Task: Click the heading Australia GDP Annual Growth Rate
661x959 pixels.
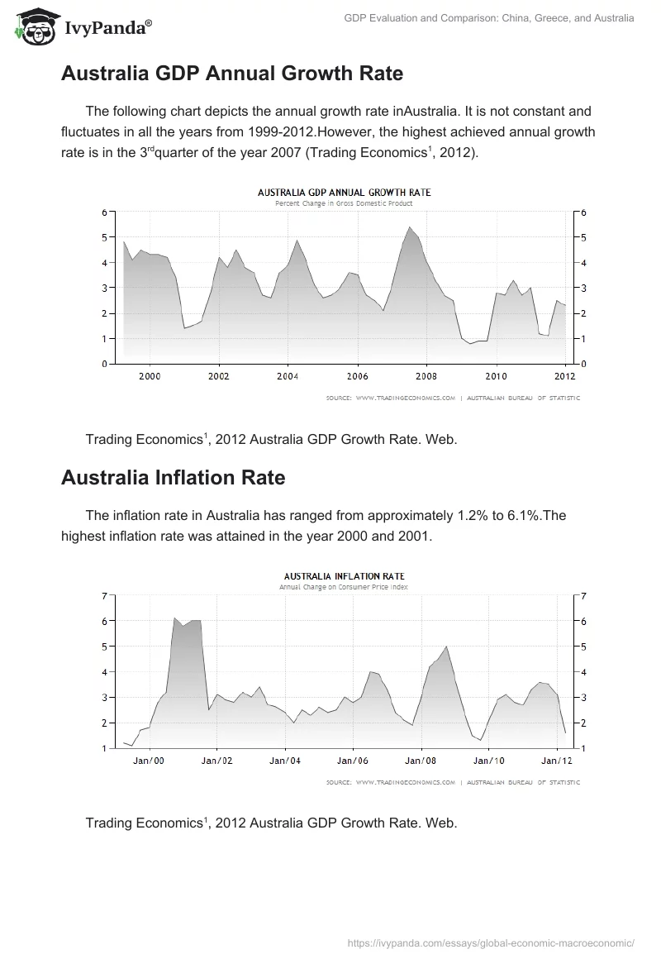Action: pos(232,74)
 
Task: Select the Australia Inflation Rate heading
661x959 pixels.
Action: pos(174,477)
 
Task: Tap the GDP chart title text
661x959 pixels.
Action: pos(344,193)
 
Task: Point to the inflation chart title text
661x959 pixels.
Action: pos(344,576)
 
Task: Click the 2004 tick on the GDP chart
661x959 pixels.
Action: pos(287,376)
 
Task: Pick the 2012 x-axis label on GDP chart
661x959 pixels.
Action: pos(564,376)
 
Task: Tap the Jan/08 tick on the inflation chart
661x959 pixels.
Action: pos(421,761)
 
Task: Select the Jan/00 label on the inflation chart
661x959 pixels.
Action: pos(149,761)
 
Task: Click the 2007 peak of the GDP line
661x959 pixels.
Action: pos(410,227)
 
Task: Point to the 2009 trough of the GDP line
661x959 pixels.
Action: pos(471,343)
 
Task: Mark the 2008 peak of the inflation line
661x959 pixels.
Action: pos(446,646)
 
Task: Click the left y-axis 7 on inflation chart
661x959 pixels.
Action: pos(104,595)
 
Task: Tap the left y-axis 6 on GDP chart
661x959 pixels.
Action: pos(104,212)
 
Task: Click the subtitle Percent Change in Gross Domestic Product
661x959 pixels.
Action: pos(344,203)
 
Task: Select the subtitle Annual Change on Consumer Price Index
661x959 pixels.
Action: pos(344,587)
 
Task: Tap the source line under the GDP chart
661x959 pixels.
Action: pos(453,398)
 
